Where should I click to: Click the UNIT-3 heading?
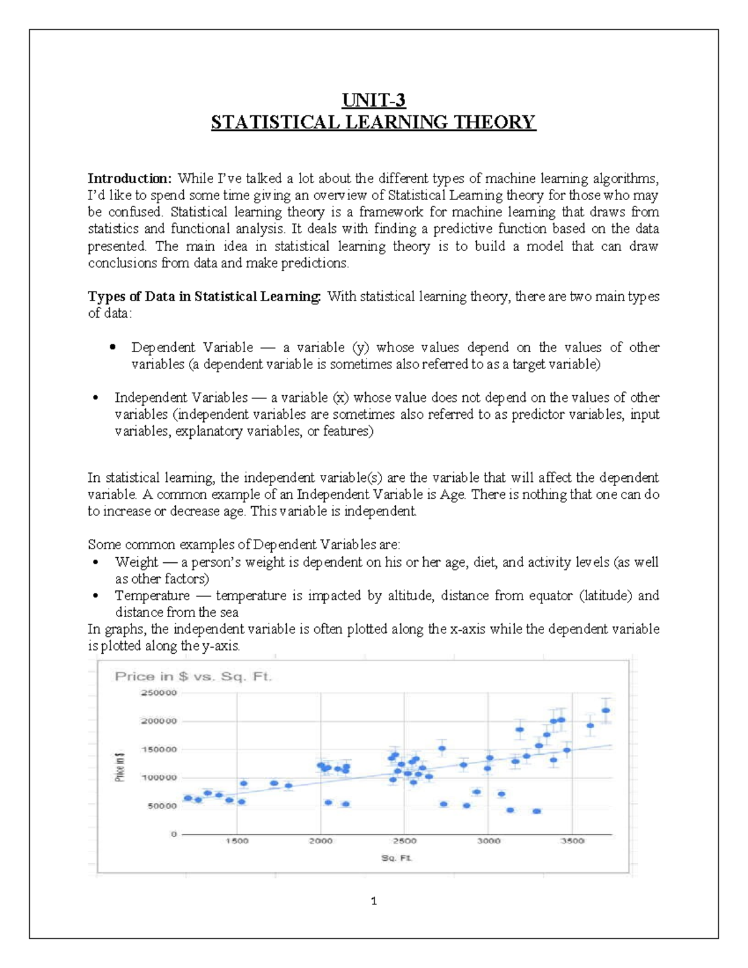tap(373, 100)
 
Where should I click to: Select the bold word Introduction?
tap(129, 178)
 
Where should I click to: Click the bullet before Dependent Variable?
tap(113, 347)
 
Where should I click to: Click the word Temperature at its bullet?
tap(152, 596)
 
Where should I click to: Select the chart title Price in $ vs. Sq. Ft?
tap(193, 676)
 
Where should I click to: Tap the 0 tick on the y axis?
tap(174, 834)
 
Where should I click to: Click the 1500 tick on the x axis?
tap(236, 841)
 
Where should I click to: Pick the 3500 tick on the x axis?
tap(572, 841)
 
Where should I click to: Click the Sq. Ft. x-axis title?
tap(396, 858)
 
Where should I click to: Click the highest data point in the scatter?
tap(605, 711)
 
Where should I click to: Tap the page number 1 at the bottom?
tap(373, 901)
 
